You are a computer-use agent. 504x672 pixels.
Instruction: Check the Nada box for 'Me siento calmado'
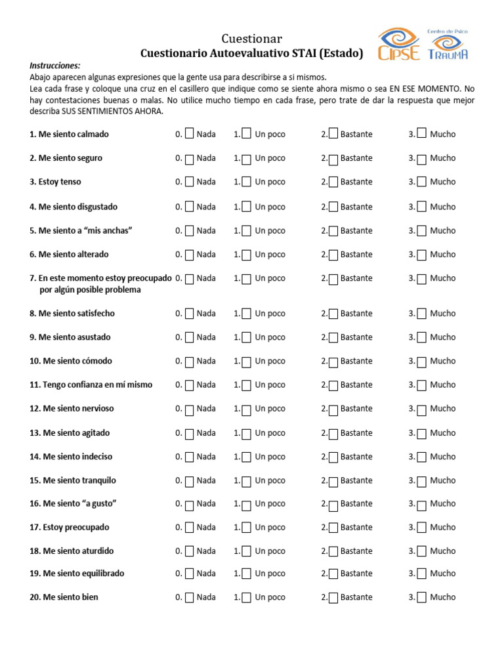point(189,134)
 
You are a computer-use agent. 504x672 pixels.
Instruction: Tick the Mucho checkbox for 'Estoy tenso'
point(421,182)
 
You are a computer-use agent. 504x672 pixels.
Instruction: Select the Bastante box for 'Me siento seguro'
point(333,159)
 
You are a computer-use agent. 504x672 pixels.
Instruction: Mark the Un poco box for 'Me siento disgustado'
point(247,207)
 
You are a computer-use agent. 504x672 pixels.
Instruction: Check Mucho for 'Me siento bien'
point(421,598)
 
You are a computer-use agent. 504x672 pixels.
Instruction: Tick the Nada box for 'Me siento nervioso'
point(189,409)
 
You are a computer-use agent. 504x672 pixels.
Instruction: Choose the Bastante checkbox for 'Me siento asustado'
point(333,338)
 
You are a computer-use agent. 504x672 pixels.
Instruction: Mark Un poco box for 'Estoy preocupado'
point(247,528)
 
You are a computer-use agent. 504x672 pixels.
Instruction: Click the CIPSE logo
point(399,44)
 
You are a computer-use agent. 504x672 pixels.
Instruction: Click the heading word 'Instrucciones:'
point(55,66)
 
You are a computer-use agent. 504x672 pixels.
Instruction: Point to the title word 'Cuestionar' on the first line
point(252,39)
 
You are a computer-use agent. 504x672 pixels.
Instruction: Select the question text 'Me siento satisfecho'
point(76,314)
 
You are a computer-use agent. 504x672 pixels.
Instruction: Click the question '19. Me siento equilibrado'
point(77,574)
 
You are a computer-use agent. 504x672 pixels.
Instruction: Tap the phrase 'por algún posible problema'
point(90,290)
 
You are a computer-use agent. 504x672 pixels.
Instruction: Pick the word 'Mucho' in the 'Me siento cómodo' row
point(442,361)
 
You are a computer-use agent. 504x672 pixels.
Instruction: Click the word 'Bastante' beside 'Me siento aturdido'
point(356,551)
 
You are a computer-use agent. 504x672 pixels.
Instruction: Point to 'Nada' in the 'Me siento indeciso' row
point(206,457)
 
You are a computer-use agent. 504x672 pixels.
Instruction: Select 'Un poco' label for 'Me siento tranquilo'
point(270,480)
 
